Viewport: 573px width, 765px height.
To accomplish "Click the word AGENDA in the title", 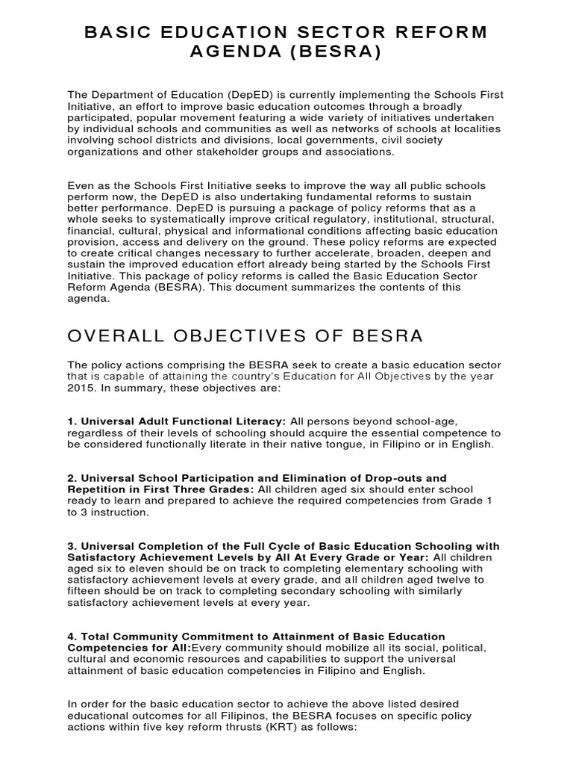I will [x=237, y=54].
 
